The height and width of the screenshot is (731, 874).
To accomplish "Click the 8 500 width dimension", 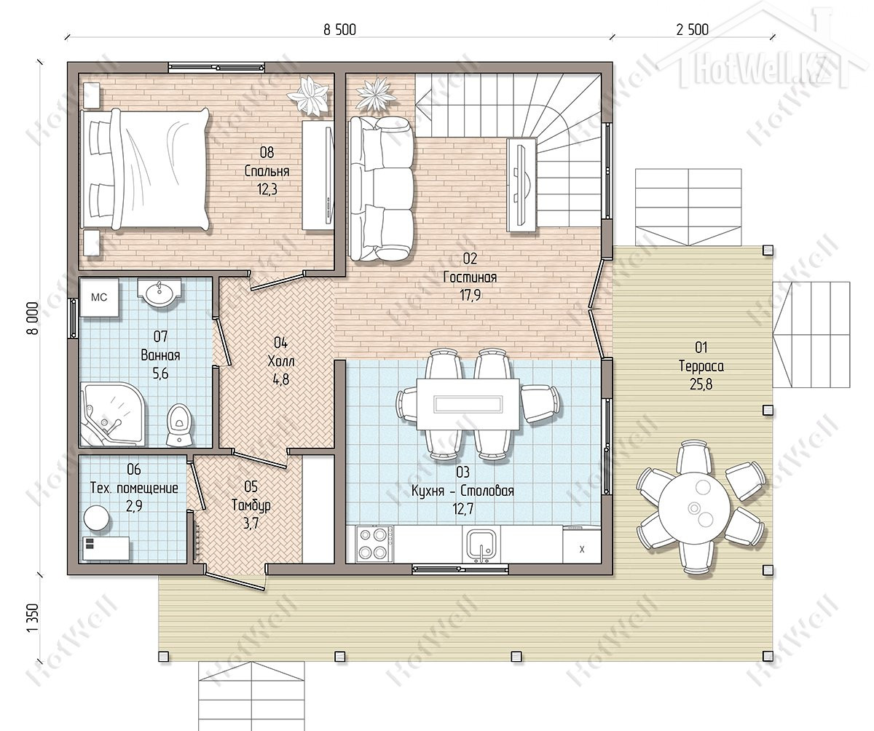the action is point(339,30).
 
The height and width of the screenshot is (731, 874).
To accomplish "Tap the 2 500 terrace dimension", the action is point(693,30).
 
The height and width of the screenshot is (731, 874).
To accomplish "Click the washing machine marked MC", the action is point(99,298).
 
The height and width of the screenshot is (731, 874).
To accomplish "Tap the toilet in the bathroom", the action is point(180,424).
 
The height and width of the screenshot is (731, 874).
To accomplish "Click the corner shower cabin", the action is point(113,414).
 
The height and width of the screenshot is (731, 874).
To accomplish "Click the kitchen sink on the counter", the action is point(481,545).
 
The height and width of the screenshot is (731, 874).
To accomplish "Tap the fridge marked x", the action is point(582,545).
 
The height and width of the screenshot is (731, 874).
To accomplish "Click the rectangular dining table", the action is point(468,404).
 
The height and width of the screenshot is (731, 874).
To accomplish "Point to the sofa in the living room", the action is point(382,189).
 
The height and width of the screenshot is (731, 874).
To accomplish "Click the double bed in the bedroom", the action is point(144,170).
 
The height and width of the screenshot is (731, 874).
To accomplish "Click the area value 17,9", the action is point(470,296).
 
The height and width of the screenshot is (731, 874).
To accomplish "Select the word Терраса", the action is point(701,366).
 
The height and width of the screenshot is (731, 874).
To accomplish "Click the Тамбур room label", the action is point(251,505).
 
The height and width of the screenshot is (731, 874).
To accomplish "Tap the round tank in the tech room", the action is point(97,518).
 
